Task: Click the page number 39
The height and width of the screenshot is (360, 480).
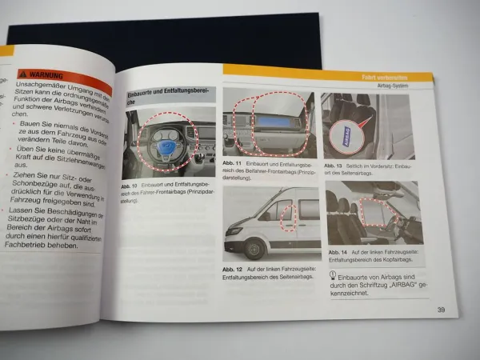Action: (x=441, y=310)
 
